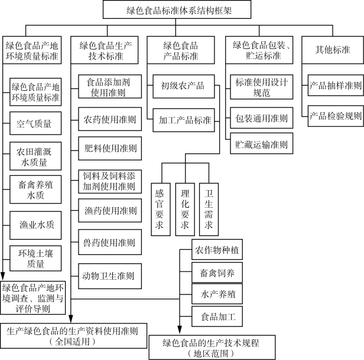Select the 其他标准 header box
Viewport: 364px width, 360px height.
tap(333, 50)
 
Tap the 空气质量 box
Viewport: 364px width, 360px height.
tap(35, 124)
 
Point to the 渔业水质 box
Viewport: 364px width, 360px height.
tap(35, 225)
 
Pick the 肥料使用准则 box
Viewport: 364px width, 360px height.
tap(110, 148)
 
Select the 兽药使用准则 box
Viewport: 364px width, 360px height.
tap(110, 242)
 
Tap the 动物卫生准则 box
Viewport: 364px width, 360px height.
tap(110, 275)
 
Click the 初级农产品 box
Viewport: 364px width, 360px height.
tap(183, 86)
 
